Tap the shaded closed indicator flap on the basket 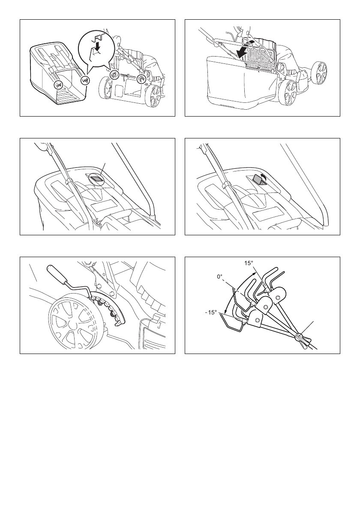[97, 179]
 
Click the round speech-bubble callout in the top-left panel [98, 47]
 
